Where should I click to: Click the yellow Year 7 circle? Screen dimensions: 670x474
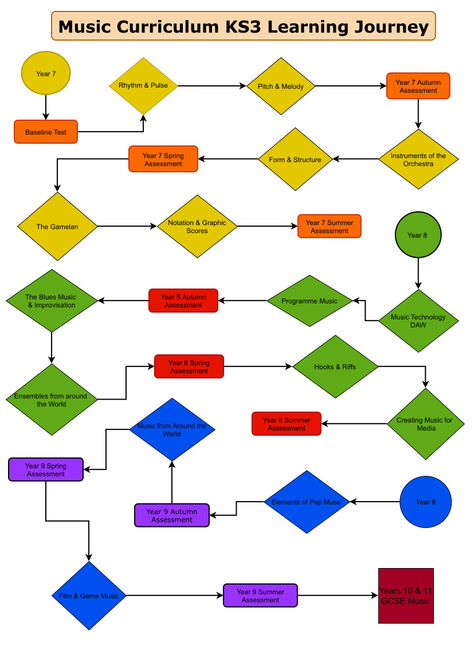click(46, 73)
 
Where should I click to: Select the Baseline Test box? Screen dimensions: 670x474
click(46, 132)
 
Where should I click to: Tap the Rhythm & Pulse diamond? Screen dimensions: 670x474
click(143, 86)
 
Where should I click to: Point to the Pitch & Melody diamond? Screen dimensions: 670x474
click(281, 86)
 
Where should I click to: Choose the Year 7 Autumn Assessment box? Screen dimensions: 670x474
click(418, 86)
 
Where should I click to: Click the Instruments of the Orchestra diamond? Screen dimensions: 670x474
click(418, 159)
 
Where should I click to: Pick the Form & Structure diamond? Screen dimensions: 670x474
click(295, 159)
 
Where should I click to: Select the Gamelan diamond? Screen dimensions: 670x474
click(57, 226)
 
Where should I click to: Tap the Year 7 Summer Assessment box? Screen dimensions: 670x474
click(330, 226)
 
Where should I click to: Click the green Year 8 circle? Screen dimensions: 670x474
click(418, 235)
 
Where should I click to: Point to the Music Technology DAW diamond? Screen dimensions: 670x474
click(418, 321)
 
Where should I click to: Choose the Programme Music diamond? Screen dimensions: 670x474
click(310, 301)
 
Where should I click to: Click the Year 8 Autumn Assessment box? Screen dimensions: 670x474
click(183, 301)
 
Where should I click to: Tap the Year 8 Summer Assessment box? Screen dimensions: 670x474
click(287, 424)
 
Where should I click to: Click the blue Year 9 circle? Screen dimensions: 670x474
click(425, 502)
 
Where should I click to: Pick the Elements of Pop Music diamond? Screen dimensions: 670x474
click(307, 502)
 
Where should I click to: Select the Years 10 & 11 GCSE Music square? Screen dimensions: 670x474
click(406, 596)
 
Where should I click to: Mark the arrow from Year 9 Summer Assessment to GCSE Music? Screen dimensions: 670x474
click(338, 596)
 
